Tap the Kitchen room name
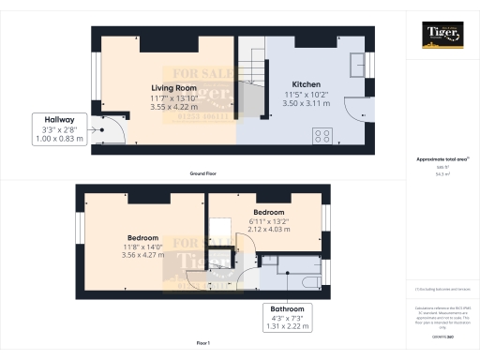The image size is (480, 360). tap(307, 83)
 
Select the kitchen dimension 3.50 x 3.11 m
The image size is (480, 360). tap(307, 104)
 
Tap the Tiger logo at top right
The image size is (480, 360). tap(442, 35)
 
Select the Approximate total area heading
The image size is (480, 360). tap(441, 159)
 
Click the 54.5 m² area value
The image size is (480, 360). tap(441, 173)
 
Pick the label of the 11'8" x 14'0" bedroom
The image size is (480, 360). tap(143, 238)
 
